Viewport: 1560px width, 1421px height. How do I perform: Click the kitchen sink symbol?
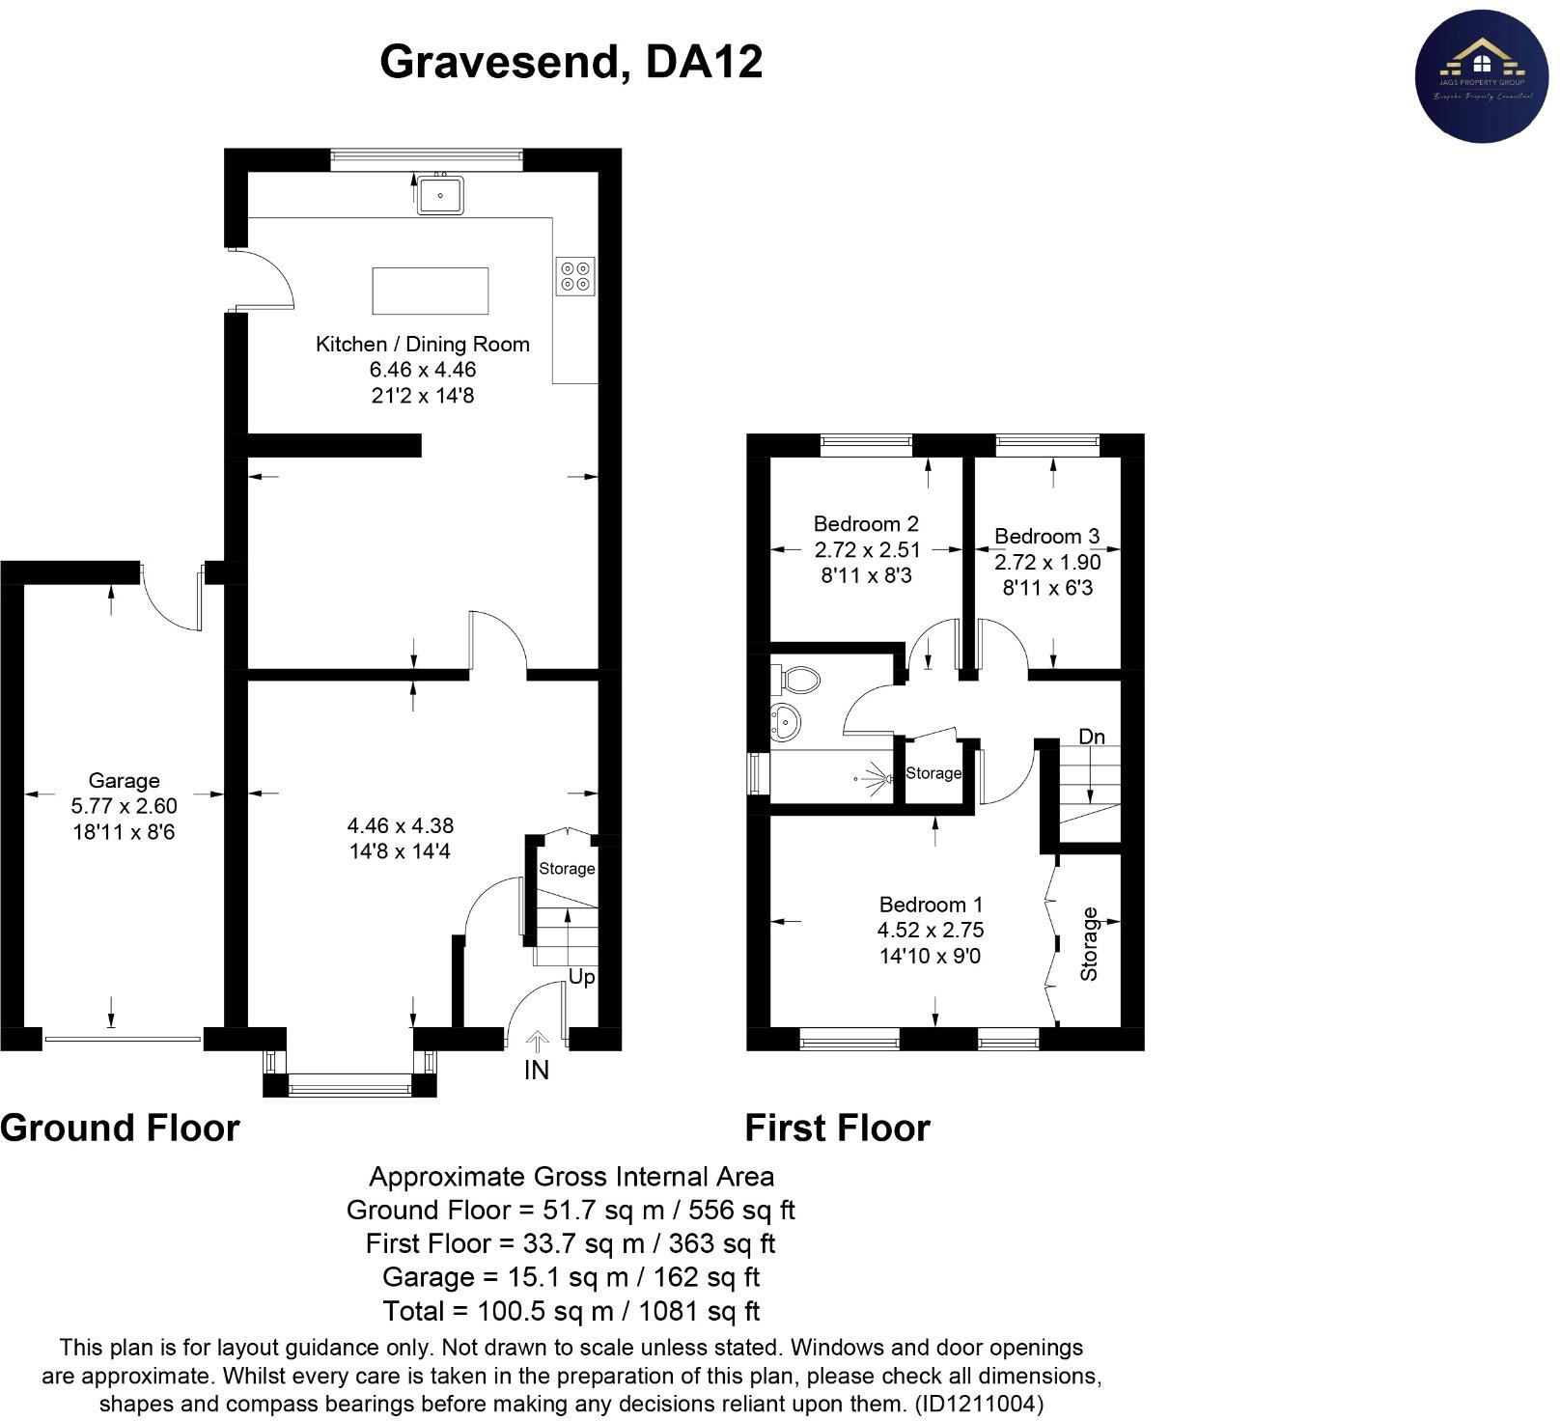coord(440,195)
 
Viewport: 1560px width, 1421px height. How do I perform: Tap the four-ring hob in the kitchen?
coord(575,276)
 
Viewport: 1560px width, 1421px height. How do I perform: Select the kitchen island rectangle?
coord(431,292)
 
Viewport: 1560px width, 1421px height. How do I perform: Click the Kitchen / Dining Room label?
coord(422,345)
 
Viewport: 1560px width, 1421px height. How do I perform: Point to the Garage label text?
coord(124,781)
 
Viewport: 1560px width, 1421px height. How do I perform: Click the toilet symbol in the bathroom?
coord(796,679)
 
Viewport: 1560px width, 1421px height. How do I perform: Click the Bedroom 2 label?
coord(866,524)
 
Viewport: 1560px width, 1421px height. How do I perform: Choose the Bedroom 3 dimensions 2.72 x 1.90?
coord(1047,562)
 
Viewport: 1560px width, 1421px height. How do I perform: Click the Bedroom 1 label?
coord(931,905)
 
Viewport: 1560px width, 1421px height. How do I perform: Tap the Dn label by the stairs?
coord(1091,737)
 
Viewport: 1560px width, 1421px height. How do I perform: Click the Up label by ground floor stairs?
coord(581,977)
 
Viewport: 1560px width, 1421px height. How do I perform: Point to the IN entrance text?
coord(537,1070)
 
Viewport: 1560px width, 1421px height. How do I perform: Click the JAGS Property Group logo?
coord(1481,76)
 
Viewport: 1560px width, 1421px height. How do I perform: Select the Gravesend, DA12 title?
coord(571,62)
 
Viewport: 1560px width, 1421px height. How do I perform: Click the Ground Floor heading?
coord(120,1128)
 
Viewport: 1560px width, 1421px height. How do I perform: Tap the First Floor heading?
coord(837,1128)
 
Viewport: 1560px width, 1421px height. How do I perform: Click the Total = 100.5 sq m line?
coord(571,1311)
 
